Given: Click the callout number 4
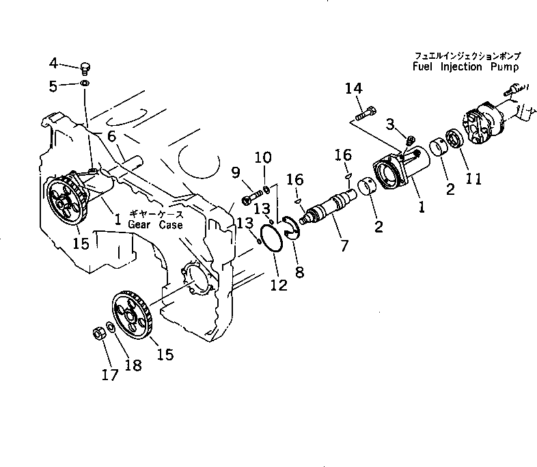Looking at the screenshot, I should [54, 64].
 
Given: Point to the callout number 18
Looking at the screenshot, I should [133, 366].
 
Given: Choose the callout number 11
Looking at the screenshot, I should [473, 178].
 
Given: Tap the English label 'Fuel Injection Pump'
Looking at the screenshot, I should [466, 67].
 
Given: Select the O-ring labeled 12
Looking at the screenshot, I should [275, 237].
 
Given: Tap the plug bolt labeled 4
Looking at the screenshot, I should [85, 66].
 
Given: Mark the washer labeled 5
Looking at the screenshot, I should [84, 83].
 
